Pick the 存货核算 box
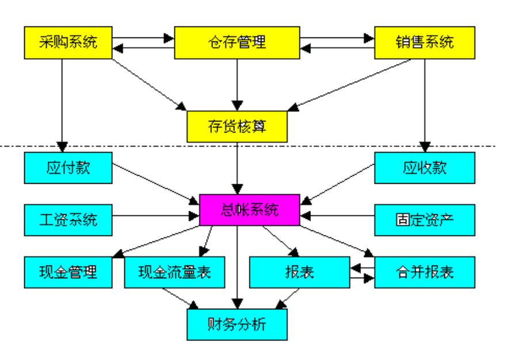click(x=237, y=126)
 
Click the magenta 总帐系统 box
click(x=250, y=209)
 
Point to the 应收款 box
click(x=425, y=168)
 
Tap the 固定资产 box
click(x=425, y=219)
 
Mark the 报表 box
click(x=299, y=272)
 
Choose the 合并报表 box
click(x=425, y=272)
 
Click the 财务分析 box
click(x=237, y=324)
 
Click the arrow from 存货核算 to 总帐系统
click(x=237, y=167)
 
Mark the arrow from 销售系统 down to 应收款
click(x=425, y=104)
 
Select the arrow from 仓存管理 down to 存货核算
click(x=237, y=84)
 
